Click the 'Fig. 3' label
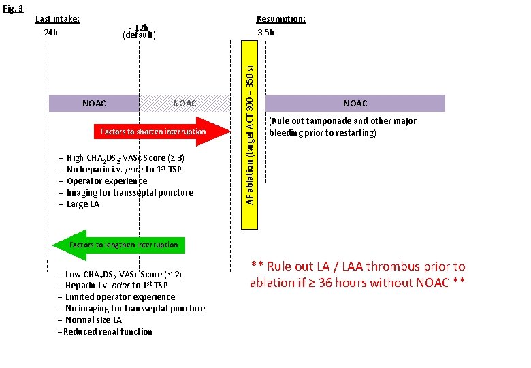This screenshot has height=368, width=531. [x=12, y=9]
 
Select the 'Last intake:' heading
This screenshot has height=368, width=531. [x=57, y=19]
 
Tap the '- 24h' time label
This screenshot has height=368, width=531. [x=47, y=32]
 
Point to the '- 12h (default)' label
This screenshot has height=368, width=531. [x=139, y=31]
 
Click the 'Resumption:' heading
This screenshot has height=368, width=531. [x=280, y=19]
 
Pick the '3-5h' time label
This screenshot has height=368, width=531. [x=265, y=32]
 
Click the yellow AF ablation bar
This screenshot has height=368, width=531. [x=250, y=123]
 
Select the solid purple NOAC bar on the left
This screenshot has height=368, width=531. [x=94, y=104]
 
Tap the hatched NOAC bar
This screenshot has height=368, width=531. [x=184, y=104]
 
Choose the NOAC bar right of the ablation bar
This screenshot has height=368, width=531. [x=355, y=104]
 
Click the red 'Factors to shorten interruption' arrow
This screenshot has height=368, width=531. [x=154, y=132]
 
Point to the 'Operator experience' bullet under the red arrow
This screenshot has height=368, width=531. [x=106, y=181]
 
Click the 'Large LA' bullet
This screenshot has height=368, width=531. [x=82, y=204]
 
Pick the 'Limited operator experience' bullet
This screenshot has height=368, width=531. [x=120, y=297]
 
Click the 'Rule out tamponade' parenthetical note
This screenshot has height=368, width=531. [x=342, y=127]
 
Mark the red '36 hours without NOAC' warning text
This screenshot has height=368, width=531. [x=357, y=275]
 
